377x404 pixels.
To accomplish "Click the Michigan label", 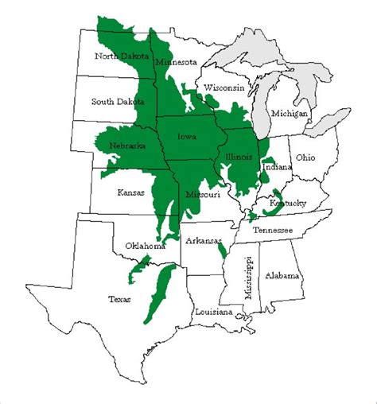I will click(289, 114).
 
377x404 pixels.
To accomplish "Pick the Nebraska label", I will click(128, 146).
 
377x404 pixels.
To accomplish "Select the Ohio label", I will click(305, 158).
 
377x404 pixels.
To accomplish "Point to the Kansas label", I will click(131, 192).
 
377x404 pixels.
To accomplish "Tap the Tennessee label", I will click(273, 230).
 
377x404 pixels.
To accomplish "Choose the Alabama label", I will click(282, 275).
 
